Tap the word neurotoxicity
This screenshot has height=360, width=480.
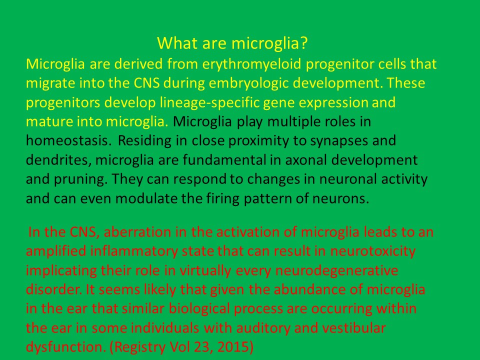[373, 251]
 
